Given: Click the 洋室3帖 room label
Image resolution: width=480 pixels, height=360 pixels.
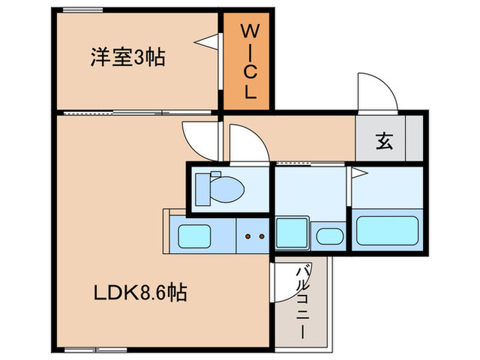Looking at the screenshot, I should (x=128, y=58).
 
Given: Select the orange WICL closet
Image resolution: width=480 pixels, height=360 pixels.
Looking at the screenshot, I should (x=248, y=62).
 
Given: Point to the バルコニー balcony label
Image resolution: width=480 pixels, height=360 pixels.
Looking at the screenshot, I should (x=301, y=301).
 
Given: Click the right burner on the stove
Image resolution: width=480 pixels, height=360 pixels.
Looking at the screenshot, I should (x=261, y=237).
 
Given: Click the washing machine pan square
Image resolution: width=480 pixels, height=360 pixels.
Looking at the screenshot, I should (x=291, y=233).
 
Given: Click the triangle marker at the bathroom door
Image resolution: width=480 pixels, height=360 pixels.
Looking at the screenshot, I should (x=357, y=172).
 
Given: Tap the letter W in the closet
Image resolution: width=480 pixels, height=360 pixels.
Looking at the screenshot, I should (x=248, y=32).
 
